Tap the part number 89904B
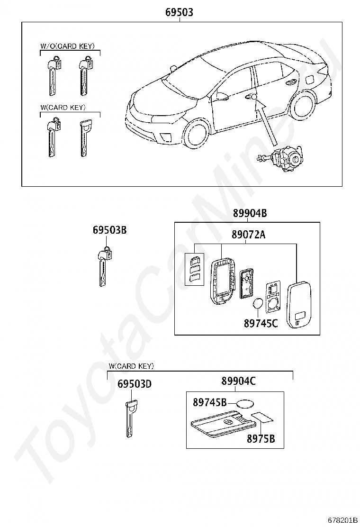click(250, 214)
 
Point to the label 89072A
click(249, 235)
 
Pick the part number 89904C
click(238, 381)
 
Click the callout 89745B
click(209, 402)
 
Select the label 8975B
click(261, 438)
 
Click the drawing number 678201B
click(342, 520)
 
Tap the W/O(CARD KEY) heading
click(67, 46)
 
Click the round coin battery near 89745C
click(259, 304)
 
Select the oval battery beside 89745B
click(244, 404)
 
